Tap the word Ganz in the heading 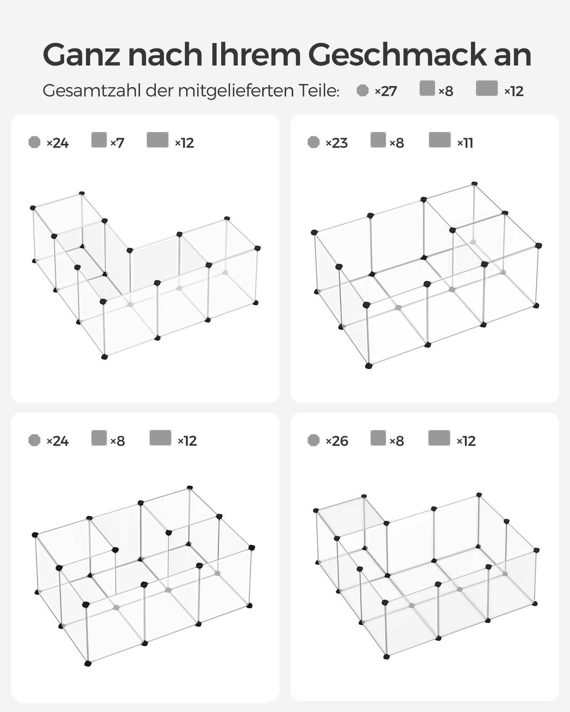point(82,55)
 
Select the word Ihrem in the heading point(255,55)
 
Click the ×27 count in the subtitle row point(385,91)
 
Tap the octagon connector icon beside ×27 point(363,90)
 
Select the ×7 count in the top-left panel point(117,143)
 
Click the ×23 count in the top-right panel point(337,143)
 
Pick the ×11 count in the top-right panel point(465,143)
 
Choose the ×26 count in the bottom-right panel point(337,441)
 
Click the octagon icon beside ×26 point(313,440)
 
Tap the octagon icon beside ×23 point(313,142)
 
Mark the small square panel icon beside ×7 point(99,140)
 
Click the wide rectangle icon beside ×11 point(440,140)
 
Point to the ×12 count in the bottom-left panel point(187,441)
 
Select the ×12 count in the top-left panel point(184,143)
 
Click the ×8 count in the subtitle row point(446,91)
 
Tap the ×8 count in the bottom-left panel point(117,441)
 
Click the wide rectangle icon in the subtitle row point(487,88)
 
